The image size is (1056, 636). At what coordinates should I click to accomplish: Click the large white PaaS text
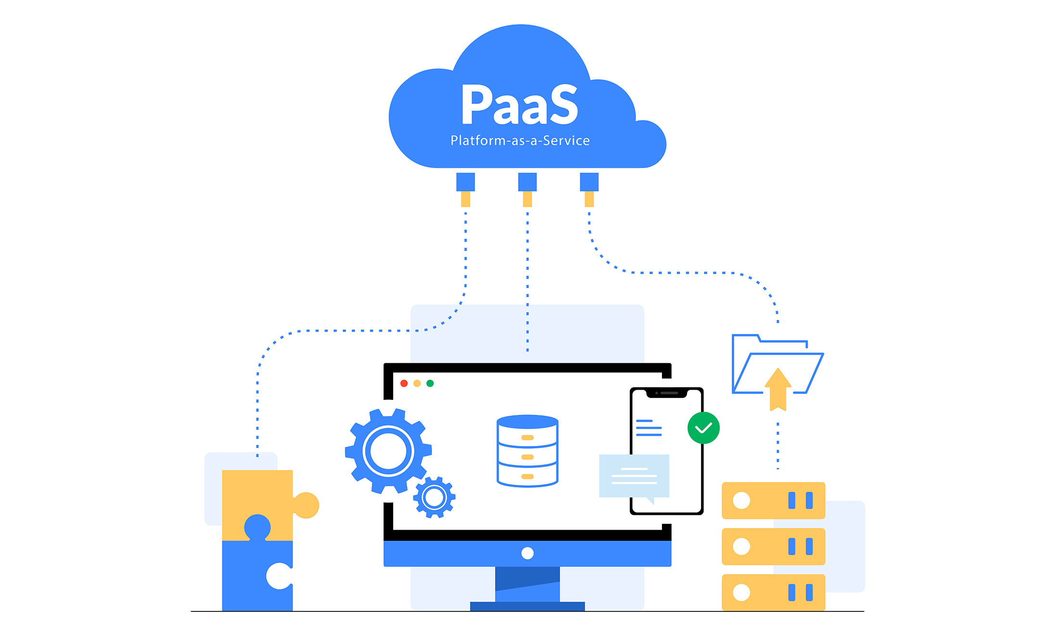520,104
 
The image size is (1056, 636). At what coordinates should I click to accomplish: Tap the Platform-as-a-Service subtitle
520,140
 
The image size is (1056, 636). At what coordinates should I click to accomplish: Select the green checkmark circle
703,428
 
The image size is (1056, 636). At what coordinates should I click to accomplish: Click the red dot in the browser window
404,383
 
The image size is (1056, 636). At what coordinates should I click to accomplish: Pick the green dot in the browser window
430,383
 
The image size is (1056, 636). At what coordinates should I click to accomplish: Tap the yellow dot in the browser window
417,383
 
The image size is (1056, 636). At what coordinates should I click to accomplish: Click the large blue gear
388,451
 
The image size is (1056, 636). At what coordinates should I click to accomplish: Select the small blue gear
434,497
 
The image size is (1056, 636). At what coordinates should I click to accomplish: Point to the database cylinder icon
527,451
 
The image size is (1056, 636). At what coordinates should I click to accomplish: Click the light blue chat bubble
634,476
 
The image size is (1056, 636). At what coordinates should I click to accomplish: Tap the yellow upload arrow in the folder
778,390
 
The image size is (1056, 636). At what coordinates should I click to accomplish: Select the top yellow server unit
773,500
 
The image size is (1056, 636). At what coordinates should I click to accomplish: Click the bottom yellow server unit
773,592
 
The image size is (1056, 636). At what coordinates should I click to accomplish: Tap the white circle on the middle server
741,547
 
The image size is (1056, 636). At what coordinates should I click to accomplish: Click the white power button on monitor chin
527,553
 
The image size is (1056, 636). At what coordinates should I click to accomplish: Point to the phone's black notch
666,393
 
